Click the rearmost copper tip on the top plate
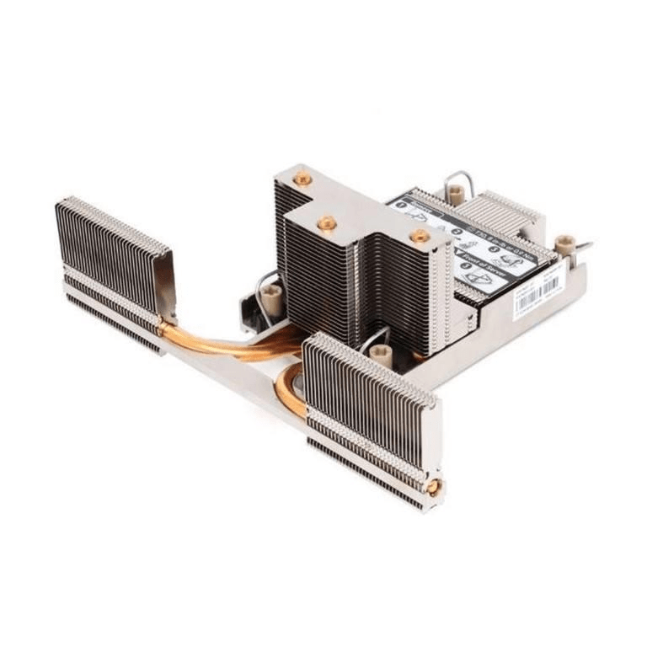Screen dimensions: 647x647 click(302, 178)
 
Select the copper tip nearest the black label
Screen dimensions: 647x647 click(419, 237)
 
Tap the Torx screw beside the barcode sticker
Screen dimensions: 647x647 click(565, 246)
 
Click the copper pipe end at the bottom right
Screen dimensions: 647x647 click(434, 487)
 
